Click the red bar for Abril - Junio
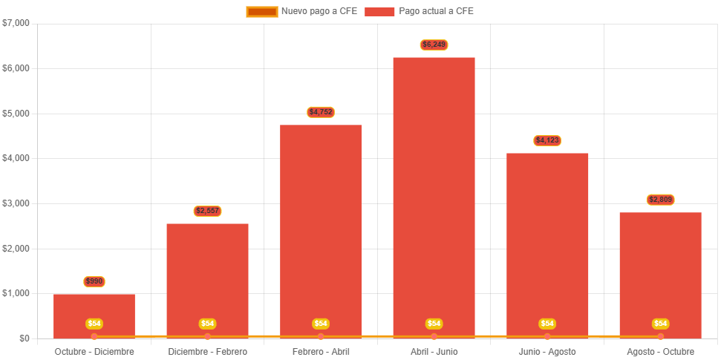434,193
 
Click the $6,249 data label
434,45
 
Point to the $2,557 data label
207,211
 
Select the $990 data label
94,281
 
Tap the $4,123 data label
547,140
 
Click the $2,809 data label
660,200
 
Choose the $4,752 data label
321,112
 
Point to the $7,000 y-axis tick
16,23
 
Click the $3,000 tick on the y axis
16,203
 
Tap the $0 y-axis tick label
25,338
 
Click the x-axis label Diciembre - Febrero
207,351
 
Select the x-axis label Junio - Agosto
547,351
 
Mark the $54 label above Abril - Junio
434,324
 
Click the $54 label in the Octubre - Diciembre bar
94,324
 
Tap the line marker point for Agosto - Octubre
660,336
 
